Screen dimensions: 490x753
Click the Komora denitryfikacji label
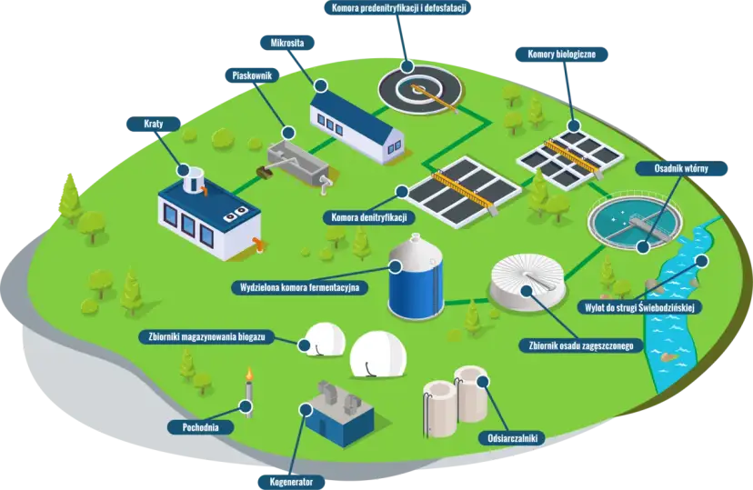(x=369, y=217)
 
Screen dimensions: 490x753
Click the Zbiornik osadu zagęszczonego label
(x=580, y=345)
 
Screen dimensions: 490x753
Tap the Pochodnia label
(x=200, y=425)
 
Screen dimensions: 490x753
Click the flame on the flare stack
(x=247, y=375)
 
